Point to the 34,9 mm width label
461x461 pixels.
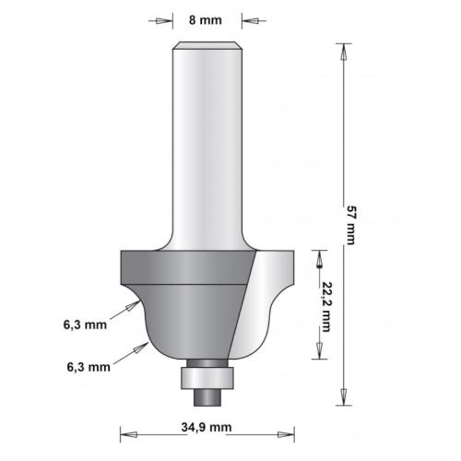pos(207,428)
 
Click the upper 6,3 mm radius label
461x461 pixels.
pos(85,325)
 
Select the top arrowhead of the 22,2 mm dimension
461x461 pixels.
pos(318,255)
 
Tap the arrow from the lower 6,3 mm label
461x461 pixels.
pos(140,347)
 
